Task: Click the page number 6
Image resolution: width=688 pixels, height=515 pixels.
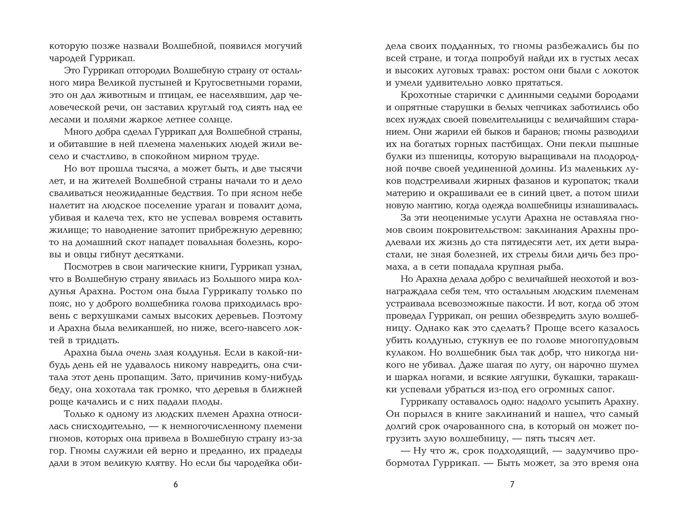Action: click(175, 485)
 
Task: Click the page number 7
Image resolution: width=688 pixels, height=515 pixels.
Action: click(512, 485)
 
